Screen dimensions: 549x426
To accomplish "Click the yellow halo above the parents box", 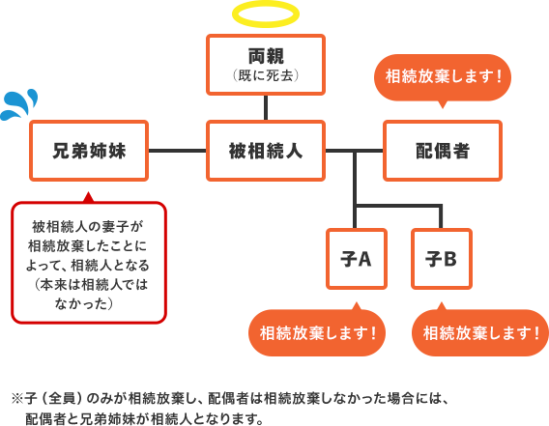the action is point(266,4).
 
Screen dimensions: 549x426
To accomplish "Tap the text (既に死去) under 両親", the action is point(266,75).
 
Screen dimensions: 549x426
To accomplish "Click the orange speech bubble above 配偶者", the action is point(443,77).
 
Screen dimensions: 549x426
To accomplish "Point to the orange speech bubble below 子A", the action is point(317,332).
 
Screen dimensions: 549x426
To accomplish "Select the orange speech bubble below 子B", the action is point(480,332).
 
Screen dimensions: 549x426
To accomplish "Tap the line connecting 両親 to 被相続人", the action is point(266,108).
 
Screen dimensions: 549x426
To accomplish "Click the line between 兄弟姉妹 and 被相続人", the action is point(177,151).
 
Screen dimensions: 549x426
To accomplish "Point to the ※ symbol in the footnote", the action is point(17,399).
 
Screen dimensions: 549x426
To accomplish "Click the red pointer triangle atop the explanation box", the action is point(89,197).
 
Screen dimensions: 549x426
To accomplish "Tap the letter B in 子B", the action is point(449,260).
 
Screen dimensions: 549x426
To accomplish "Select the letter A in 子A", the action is point(364,260).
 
